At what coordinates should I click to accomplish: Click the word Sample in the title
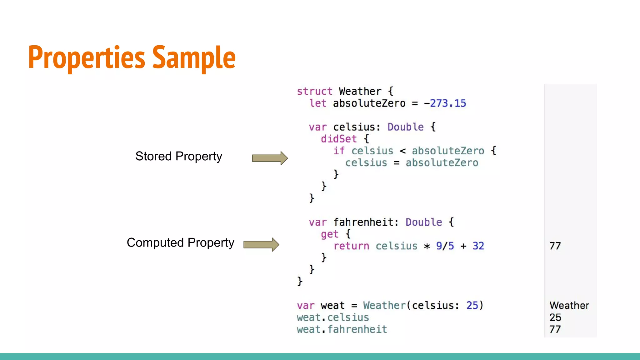click(194, 57)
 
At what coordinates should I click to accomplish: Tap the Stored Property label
click(178, 156)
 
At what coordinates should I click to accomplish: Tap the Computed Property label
click(180, 243)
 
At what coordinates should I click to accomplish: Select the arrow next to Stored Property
click(270, 158)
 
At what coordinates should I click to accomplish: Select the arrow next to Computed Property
click(261, 244)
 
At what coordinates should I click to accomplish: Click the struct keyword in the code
click(314, 91)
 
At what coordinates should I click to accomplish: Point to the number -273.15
click(445, 103)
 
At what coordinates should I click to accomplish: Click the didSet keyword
click(338, 139)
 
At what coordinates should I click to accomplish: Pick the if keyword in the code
click(338, 151)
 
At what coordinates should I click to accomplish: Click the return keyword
click(351, 246)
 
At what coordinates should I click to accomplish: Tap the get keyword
click(329, 234)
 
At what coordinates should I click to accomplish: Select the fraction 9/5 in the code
click(445, 246)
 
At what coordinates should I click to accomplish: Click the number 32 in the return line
click(478, 246)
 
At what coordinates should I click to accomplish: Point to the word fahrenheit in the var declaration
click(363, 222)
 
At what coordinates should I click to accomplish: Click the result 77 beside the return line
click(555, 246)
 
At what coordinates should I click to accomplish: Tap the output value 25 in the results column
click(555, 317)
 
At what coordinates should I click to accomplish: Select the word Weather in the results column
click(569, 305)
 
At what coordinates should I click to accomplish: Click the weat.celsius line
click(333, 317)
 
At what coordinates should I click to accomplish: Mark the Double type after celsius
click(405, 127)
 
